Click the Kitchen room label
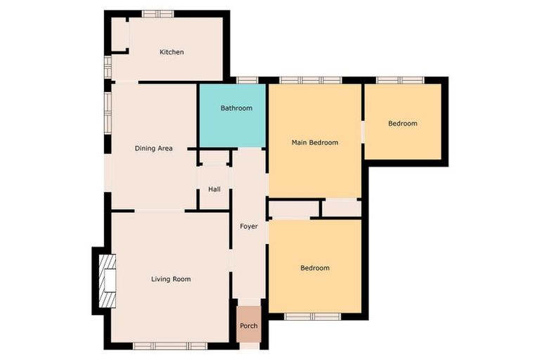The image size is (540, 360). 172,52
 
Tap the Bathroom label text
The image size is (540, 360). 236,108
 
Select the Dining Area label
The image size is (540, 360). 154,148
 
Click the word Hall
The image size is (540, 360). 214,189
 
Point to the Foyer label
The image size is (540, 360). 248,226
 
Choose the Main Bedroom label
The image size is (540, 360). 315,143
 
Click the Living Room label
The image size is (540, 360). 171,279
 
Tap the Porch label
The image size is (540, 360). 248,326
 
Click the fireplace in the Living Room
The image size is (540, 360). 107,280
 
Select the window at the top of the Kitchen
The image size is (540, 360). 158,13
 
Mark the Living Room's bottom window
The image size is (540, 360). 170,345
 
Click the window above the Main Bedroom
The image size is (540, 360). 311,80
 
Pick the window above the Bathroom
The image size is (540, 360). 246,80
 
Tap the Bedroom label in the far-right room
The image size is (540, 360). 403,124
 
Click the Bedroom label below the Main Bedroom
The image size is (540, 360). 315,268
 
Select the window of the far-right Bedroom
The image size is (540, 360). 399,80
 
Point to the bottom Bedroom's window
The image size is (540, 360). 312,316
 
